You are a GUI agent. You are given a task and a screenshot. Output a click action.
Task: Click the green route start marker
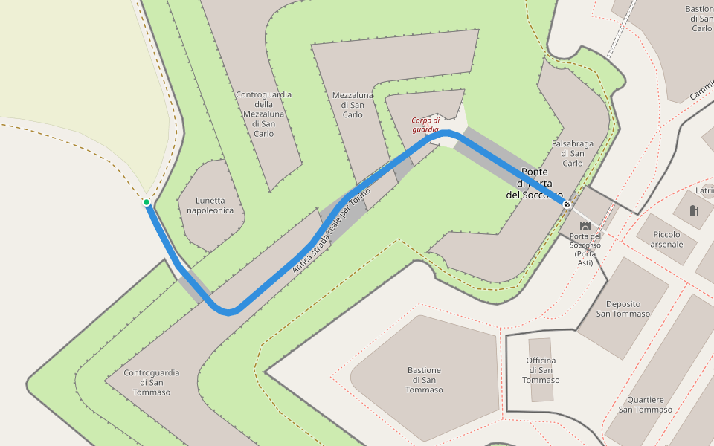[147, 202]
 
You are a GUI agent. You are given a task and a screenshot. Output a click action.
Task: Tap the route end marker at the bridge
[567, 204]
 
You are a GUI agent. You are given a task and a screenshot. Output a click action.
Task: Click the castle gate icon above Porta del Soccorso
[585, 224]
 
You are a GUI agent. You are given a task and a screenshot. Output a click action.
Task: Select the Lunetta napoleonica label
[210, 205]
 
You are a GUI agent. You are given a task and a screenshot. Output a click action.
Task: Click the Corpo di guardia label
[426, 124]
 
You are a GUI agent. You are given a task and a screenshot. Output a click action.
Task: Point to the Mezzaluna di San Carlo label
[353, 105]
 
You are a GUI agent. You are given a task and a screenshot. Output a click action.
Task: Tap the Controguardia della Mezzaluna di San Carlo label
[263, 114]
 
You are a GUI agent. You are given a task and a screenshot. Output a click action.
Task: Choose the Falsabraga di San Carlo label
[573, 152]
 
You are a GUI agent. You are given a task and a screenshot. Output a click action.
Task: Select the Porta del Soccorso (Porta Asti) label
[585, 249]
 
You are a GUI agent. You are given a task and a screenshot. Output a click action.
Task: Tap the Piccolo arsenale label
[666, 239]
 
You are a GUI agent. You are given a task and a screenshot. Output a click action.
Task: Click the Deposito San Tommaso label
[623, 308]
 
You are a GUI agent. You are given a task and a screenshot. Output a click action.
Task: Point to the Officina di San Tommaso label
[541, 370]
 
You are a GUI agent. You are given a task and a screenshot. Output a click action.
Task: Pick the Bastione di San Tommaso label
[425, 380]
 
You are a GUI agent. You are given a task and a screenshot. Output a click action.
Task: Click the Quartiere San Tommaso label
[646, 404]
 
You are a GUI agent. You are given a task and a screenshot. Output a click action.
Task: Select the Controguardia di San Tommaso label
[152, 382]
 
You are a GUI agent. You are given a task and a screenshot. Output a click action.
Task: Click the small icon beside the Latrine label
[694, 210]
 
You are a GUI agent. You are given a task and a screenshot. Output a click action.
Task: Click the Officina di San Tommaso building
[541, 349]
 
